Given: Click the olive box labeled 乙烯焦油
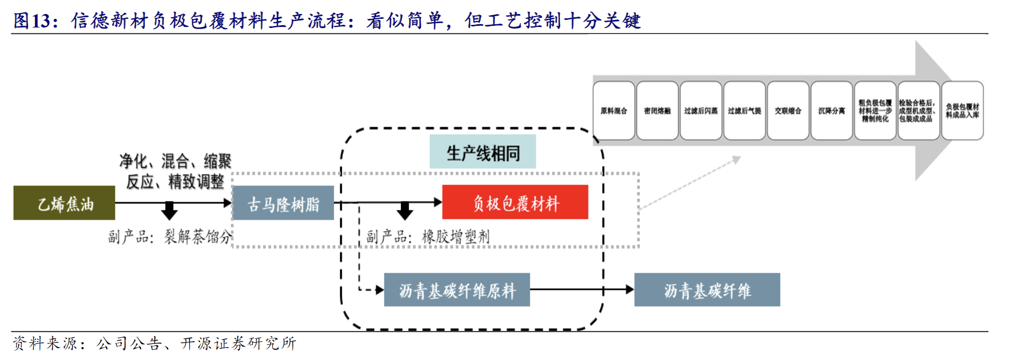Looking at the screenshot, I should tap(64, 203).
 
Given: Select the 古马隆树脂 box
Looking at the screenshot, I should tap(283, 203).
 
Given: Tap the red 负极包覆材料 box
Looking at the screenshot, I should tap(515, 202).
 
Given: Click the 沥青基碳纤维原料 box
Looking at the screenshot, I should tap(456, 290).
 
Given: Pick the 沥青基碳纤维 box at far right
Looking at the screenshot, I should tap(707, 290).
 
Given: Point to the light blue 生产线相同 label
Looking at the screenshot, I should tap(482, 153).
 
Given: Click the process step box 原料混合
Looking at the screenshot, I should tap(614, 111).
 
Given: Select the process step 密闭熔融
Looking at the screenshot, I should tap(658, 111).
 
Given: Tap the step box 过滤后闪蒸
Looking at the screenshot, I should tap(701, 111).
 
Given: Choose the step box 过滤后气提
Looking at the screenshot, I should tap(744, 111).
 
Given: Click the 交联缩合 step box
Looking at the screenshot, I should tap(788, 111).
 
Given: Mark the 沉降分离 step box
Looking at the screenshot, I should tap(832, 111).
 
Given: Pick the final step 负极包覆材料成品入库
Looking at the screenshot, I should tap(962, 111).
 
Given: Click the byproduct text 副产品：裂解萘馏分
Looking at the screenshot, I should tap(169, 237).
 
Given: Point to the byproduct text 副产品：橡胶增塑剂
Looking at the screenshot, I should tap(428, 237).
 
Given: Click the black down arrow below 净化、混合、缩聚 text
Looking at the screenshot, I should tap(169, 211).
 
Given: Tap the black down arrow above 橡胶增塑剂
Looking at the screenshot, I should tap(405, 211).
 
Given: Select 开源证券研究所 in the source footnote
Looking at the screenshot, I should tap(238, 343).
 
